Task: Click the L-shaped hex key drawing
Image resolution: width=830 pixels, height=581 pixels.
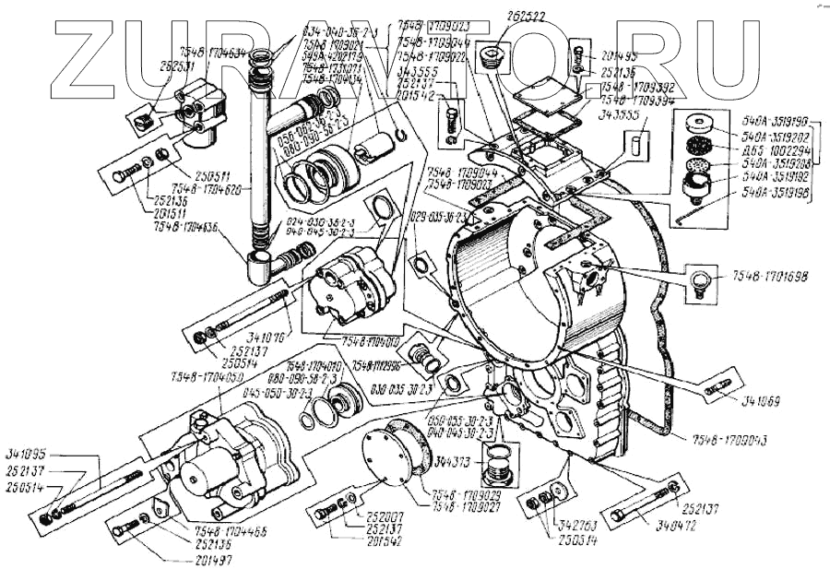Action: pos(682,215)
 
